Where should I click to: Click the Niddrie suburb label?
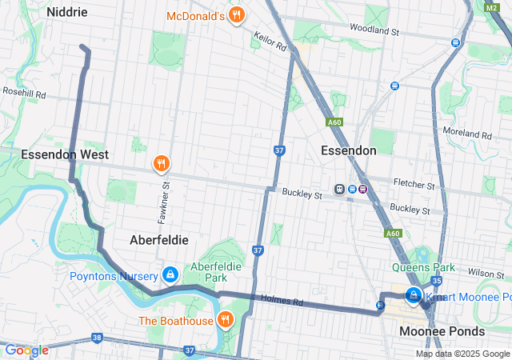pyautogui.click(x=67, y=12)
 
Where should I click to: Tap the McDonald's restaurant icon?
pyautogui.click(x=236, y=15)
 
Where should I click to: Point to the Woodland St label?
pyautogui.click(x=374, y=30)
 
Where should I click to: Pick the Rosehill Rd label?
pyautogui.click(x=24, y=94)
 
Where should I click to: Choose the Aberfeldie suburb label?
pyautogui.click(x=159, y=239)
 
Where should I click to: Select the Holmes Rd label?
pyautogui.click(x=282, y=302)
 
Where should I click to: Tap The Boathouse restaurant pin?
pyautogui.click(x=226, y=321)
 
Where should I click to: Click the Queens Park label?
pyautogui.click(x=423, y=267)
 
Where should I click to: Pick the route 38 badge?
pyautogui.click(x=97, y=338)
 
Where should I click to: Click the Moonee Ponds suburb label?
pyautogui.click(x=442, y=331)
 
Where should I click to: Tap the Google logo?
pyautogui.click(x=26, y=350)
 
